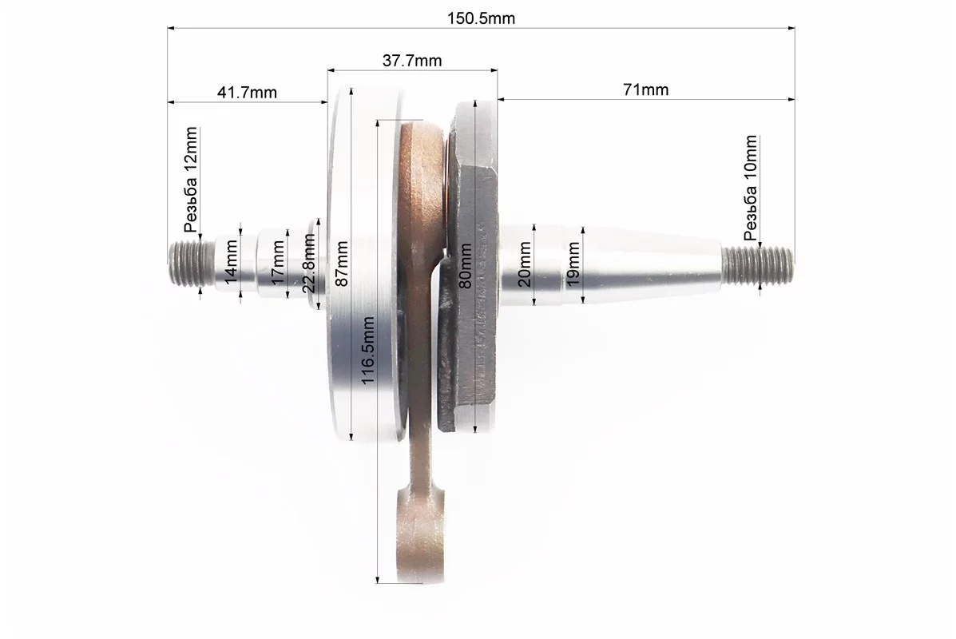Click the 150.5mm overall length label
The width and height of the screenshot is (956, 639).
pyautogui.click(x=481, y=18)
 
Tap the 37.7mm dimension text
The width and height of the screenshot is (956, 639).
pyautogui.click(x=412, y=61)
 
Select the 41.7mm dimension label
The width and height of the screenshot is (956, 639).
pyautogui.click(x=247, y=93)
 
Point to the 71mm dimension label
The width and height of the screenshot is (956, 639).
pyautogui.click(x=645, y=89)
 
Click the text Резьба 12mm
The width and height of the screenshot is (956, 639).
pyautogui.click(x=192, y=180)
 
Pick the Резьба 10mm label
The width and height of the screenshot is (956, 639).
pyautogui.click(x=751, y=188)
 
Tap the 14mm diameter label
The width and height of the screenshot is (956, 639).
pyautogui.click(x=231, y=262)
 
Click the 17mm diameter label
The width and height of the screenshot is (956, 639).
pyautogui.click(x=277, y=262)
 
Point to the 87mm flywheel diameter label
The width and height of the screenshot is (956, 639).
pyautogui.click(x=342, y=264)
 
